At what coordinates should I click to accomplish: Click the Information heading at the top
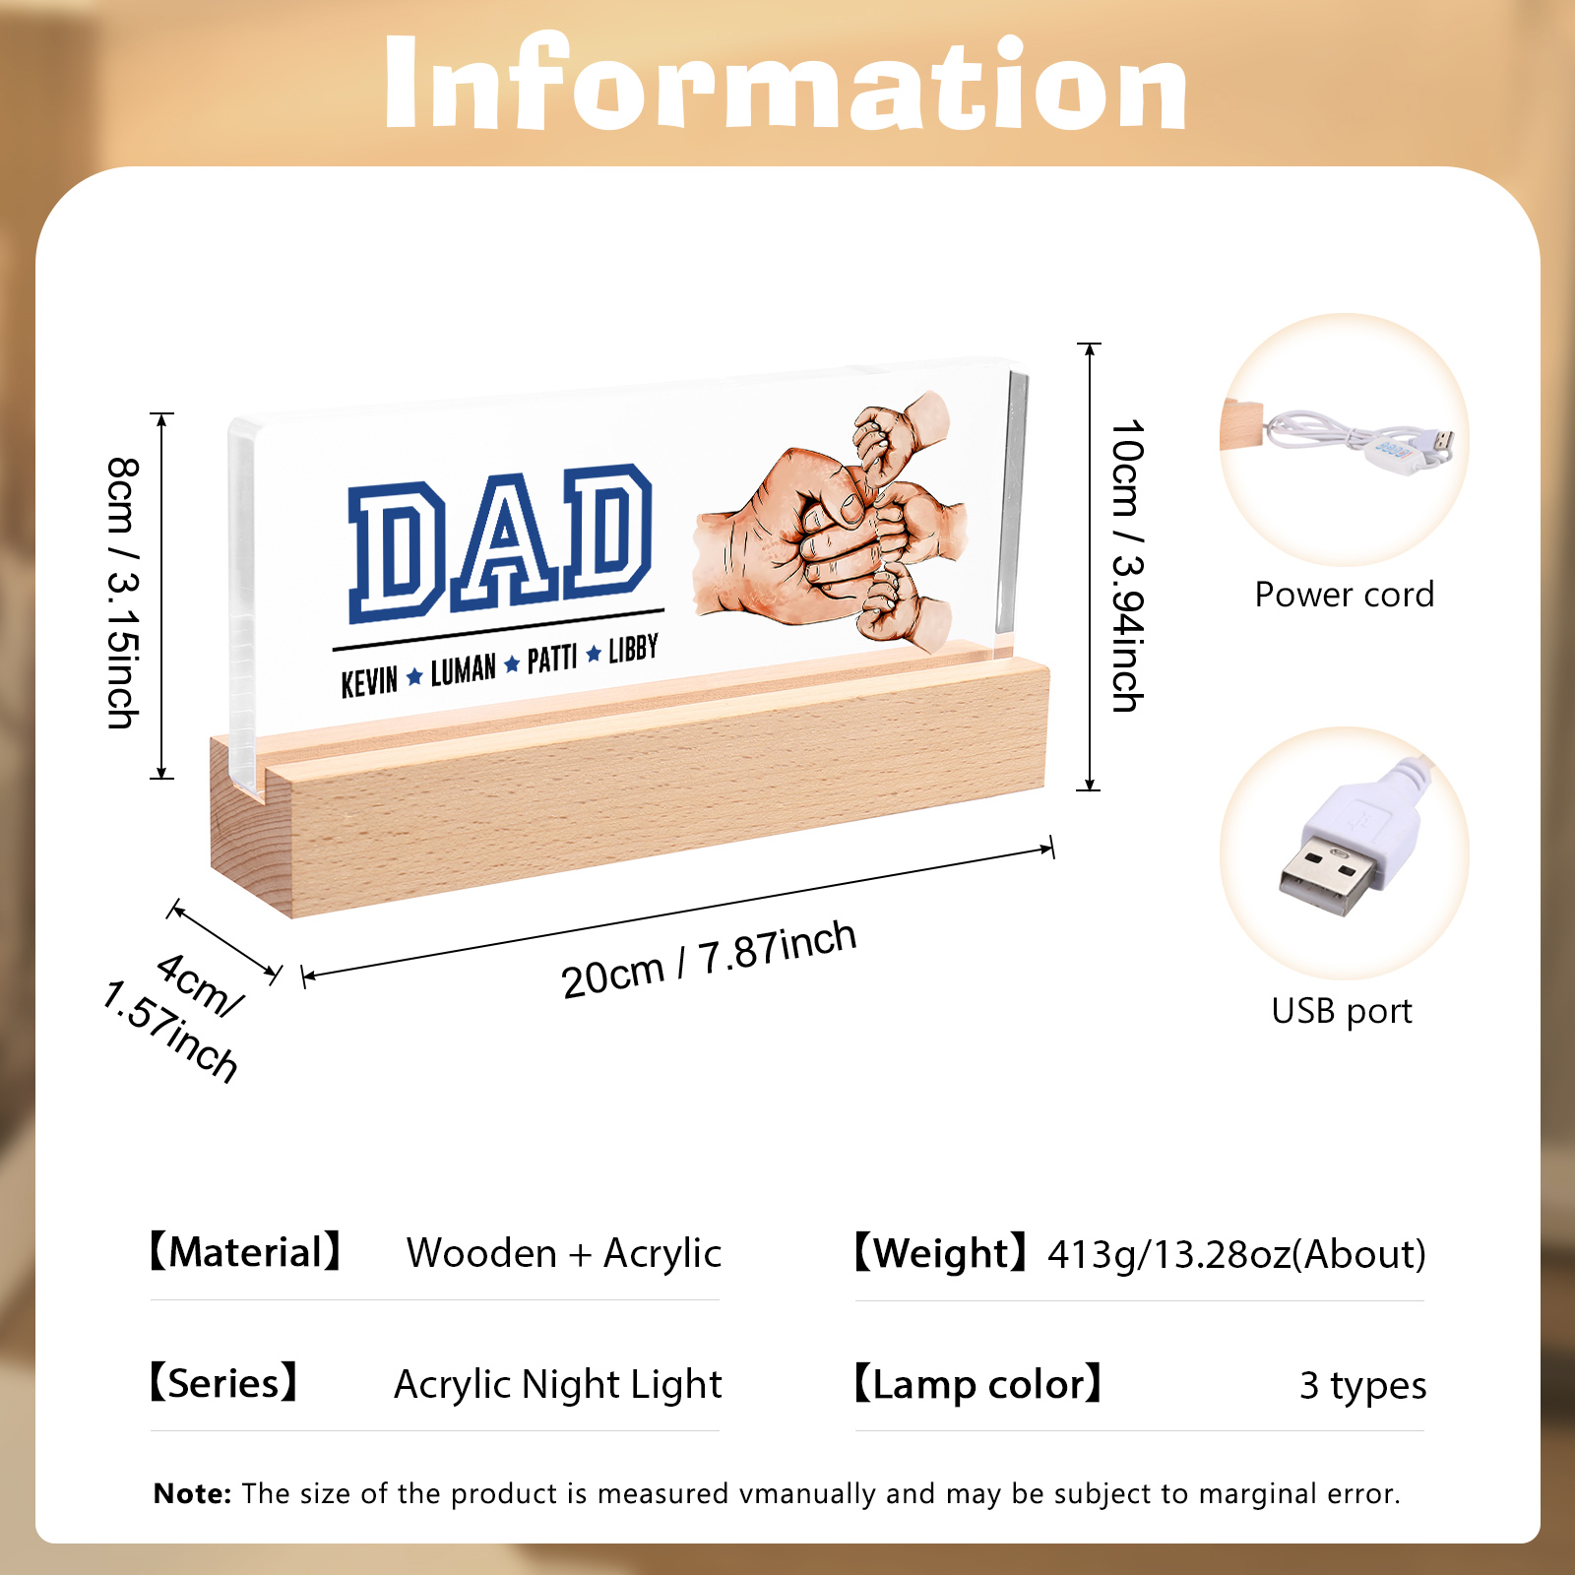point(786,83)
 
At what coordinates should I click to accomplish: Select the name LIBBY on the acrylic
point(633,649)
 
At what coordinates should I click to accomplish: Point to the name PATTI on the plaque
point(552,659)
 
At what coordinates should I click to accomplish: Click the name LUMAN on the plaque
point(464,669)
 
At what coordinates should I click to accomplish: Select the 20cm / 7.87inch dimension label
point(709,959)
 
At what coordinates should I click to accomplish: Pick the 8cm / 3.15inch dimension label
point(123,593)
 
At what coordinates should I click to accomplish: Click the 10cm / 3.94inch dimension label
point(1128,565)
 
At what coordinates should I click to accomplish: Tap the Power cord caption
point(1345,595)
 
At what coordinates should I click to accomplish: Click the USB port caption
point(1342,1011)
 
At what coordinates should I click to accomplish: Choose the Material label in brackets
point(245,1252)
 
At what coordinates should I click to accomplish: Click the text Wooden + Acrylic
point(564,1254)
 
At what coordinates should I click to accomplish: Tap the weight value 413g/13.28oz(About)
point(1236,1255)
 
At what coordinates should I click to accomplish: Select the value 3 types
point(1362,1386)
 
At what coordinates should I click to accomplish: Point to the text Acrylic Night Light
point(558,1385)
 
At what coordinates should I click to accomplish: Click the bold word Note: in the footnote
point(192,1493)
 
